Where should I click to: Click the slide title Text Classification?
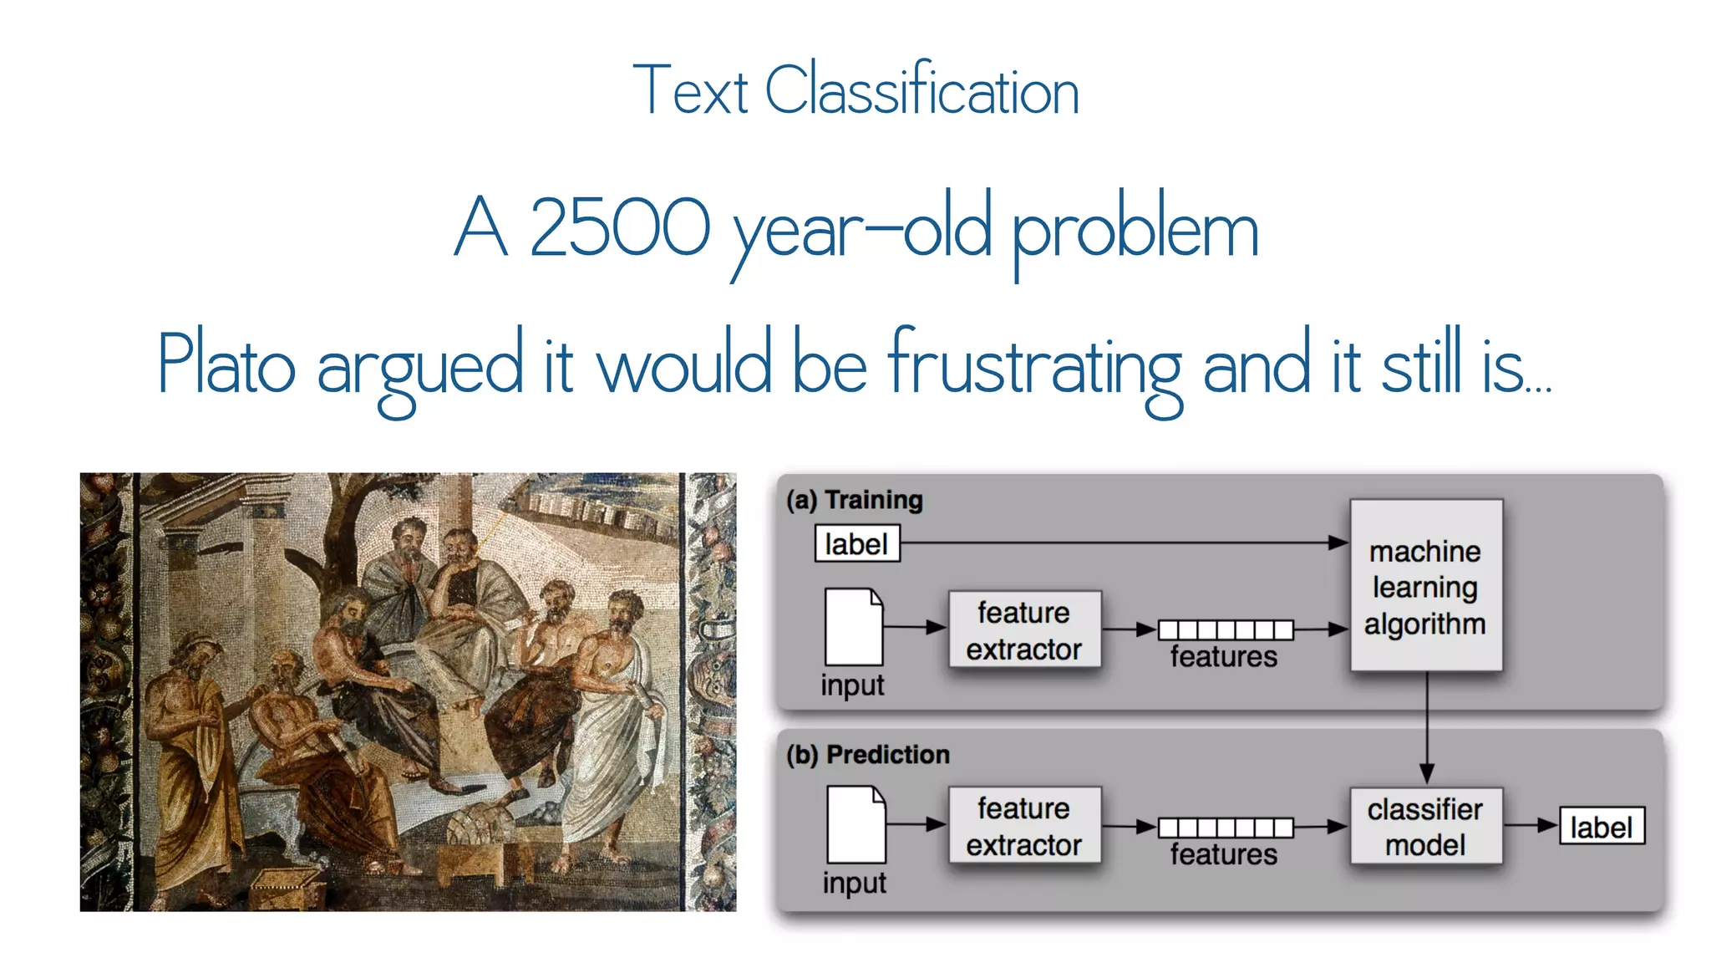pos(855,90)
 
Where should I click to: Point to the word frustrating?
pos(1034,365)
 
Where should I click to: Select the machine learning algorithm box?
pos(1425,586)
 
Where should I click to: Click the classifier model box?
pos(1425,826)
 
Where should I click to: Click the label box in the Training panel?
pos(856,544)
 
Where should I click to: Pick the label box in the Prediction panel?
pos(1601,826)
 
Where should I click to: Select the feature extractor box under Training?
pos(1024,629)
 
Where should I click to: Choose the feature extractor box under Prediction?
pos(1024,826)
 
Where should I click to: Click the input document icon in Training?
pos(853,627)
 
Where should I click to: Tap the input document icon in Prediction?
pos(855,824)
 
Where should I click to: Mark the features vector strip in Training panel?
pos(1225,629)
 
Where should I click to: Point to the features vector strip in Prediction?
pos(1225,827)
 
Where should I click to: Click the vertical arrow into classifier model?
pos(1426,727)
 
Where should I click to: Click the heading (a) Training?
pos(855,500)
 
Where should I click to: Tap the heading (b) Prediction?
pos(868,754)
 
